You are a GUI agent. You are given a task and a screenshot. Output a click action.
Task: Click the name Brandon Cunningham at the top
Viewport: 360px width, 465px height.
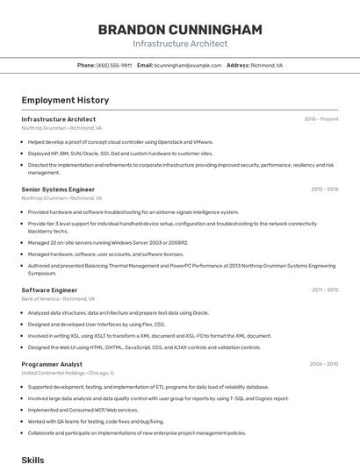pyautogui.click(x=180, y=30)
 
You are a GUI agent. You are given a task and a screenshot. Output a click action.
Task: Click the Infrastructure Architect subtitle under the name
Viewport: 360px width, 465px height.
pyautogui.click(x=180, y=44)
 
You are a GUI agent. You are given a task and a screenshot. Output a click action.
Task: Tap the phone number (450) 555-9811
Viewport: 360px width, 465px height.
pyautogui.click(x=114, y=65)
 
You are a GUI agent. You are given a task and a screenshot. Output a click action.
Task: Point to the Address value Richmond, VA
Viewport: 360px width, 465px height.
pyautogui.click(x=267, y=65)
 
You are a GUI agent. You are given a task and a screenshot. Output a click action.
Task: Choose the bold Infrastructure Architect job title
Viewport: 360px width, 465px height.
pyautogui.click(x=59, y=119)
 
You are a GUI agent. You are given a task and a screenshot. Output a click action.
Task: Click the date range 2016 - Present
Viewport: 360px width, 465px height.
pyautogui.click(x=321, y=119)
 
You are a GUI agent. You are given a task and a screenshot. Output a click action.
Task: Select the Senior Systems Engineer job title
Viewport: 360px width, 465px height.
pyautogui.click(x=58, y=190)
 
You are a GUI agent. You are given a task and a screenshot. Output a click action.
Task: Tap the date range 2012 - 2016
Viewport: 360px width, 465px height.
pyautogui.click(x=324, y=190)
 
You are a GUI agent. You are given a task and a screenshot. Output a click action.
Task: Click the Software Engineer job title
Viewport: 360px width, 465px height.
pyautogui.click(x=49, y=290)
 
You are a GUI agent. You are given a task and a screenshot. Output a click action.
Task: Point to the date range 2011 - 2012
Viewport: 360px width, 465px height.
pyautogui.click(x=325, y=290)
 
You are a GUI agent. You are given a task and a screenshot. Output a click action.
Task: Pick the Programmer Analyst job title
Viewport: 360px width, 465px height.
pyautogui.click(x=52, y=364)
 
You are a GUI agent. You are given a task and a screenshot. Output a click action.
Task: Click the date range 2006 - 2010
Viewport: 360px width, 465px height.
pyautogui.click(x=324, y=364)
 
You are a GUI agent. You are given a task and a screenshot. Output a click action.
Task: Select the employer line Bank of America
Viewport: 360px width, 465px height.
pyautogui.click(x=59, y=298)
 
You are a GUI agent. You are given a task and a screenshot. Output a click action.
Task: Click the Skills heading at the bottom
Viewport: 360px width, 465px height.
pyautogui.click(x=32, y=459)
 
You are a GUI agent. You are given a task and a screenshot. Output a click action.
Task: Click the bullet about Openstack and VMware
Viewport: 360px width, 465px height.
pyautogui.click(x=120, y=141)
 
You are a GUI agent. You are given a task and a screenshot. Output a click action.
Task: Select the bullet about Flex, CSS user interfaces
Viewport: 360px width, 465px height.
pyautogui.click(x=97, y=324)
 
